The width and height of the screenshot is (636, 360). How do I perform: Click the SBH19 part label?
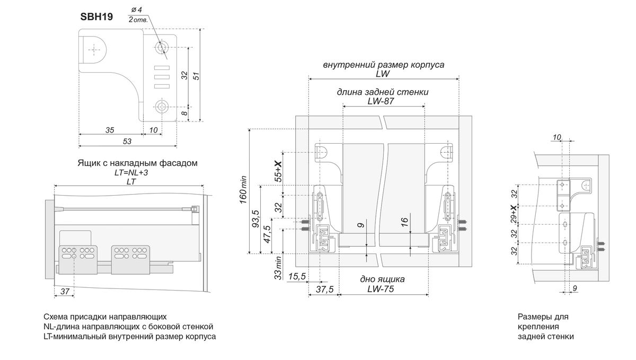click(x=96, y=16)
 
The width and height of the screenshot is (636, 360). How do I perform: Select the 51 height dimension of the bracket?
click(x=196, y=75)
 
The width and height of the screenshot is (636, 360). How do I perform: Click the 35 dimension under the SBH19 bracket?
click(x=110, y=130)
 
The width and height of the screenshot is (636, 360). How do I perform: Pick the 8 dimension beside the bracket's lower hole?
click(x=184, y=112)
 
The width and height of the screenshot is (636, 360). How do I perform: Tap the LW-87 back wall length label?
click(x=383, y=101)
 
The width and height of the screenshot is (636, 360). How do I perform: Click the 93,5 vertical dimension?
click(x=255, y=219)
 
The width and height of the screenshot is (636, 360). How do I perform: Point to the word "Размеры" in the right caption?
click(x=533, y=317)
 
